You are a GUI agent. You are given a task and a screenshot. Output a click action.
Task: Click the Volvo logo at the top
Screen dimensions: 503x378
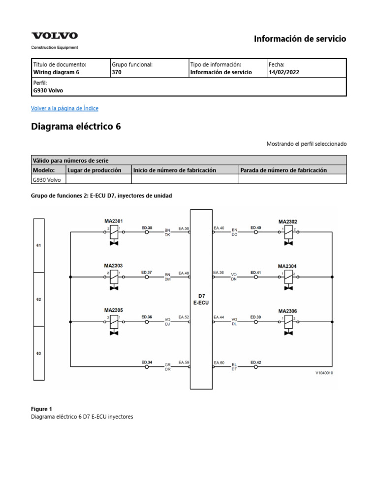(x=55, y=36)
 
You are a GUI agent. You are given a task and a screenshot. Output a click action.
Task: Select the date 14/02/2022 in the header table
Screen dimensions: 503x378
(x=283, y=72)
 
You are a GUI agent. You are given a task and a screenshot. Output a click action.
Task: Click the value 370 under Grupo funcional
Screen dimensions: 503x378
(x=117, y=72)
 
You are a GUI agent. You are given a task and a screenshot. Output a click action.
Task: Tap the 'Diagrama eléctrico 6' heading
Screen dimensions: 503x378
(x=76, y=127)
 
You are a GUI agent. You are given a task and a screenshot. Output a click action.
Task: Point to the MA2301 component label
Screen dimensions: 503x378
(x=113, y=221)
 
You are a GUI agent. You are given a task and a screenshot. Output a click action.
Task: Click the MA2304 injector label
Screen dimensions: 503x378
(x=287, y=266)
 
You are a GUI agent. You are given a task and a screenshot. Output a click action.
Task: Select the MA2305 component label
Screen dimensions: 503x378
(x=113, y=310)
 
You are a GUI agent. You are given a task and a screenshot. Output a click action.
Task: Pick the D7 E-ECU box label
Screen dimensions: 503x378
(x=201, y=299)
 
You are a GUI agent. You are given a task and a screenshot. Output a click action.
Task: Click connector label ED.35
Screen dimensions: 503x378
(x=147, y=227)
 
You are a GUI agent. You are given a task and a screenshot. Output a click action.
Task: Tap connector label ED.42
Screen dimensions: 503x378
(x=255, y=363)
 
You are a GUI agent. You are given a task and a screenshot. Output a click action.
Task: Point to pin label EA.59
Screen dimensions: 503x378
(x=184, y=363)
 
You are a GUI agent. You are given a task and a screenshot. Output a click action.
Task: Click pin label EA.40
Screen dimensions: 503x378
(x=219, y=228)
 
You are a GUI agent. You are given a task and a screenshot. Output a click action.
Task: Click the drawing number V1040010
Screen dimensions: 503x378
(x=324, y=373)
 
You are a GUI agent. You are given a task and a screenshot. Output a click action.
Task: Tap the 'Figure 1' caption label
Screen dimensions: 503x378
(x=42, y=409)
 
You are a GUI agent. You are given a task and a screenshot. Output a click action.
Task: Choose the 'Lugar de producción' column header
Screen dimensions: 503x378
(x=94, y=170)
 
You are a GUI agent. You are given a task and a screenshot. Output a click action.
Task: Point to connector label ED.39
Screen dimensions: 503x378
(x=255, y=317)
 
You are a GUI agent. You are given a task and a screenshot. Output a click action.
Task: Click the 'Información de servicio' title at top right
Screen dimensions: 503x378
(x=300, y=39)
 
